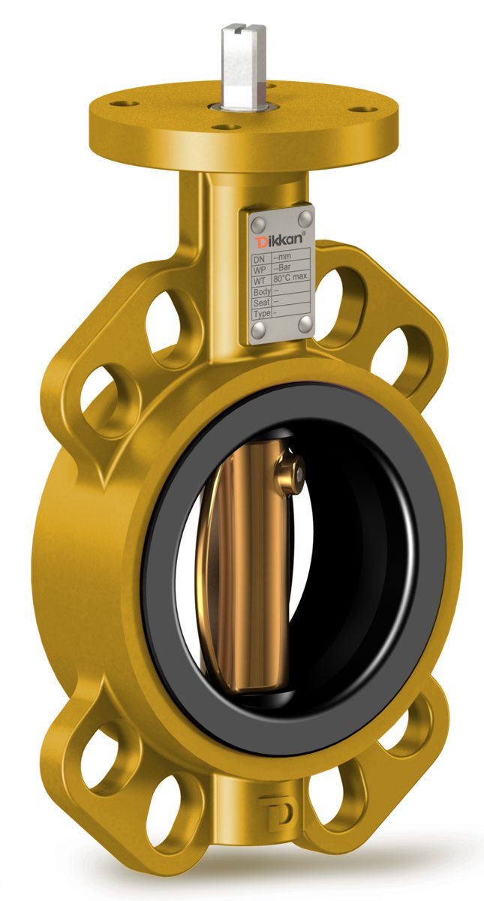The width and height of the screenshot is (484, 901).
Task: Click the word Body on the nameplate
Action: click(x=263, y=291)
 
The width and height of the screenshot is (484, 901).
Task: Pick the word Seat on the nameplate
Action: click(x=262, y=302)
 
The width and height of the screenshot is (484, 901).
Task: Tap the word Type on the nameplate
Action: click(x=263, y=313)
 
